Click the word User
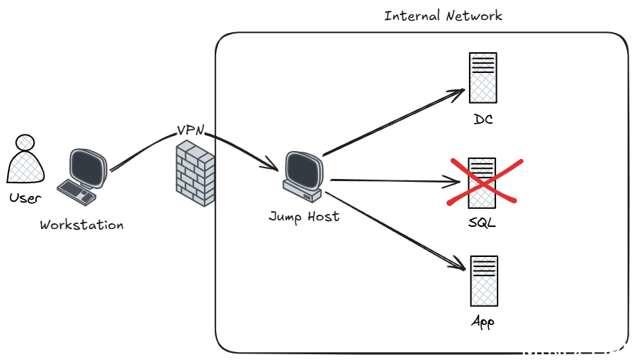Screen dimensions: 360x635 26,198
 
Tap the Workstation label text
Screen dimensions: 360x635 82,225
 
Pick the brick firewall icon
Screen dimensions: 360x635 195,174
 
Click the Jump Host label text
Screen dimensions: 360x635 304,215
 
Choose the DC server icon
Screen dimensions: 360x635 483,77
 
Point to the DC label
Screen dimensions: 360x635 483,119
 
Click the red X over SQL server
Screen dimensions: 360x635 484,181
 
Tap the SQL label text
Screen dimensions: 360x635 484,222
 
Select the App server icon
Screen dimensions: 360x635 483,281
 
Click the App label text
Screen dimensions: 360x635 483,321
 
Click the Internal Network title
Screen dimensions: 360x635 443,16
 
